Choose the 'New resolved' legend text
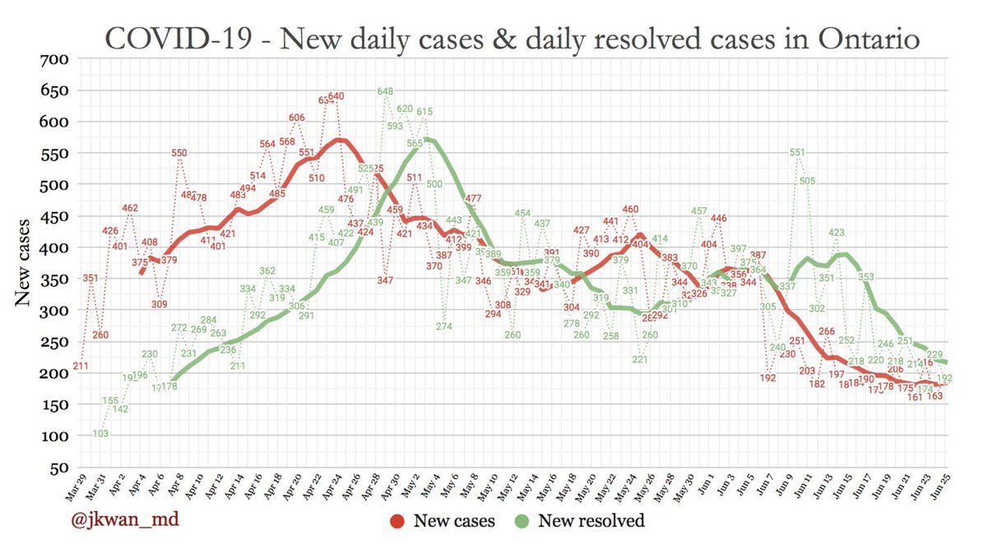click(x=591, y=520)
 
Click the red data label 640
click(x=336, y=96)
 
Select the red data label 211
click(x=81, y=366)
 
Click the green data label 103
click(x=100, y=434)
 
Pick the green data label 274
click(x=445, y=326)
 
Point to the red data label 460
click(x=630, y=210)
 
